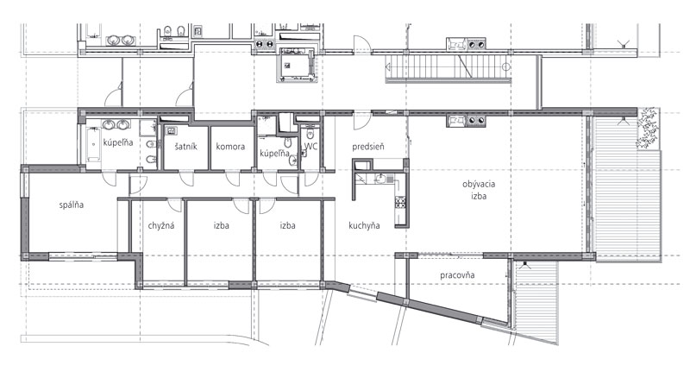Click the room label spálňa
[x=72, y=205]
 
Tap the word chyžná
[x=161, y=225]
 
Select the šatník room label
[x=185, y=146]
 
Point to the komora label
[x=230, y=146]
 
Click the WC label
[x=310, y=146]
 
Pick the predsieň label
[x=368, y=147]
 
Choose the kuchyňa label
[x=364, y=225]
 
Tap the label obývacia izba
[x=479, y=190]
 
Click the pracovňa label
[x=457, y=275]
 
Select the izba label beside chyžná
[x=222, y=225]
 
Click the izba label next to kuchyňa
[x=287, y=225]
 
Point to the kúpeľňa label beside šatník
[x=118, y=142]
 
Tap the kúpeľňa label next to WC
[x=274, y=154]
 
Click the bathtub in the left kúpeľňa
[x=93, y=144]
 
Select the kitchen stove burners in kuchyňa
[x=400, y=202]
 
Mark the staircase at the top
[x=448, y=67]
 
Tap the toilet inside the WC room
[x=310, y=134]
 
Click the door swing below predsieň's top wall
[x=362, y=121]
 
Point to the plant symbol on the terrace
[x=646, y=129]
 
